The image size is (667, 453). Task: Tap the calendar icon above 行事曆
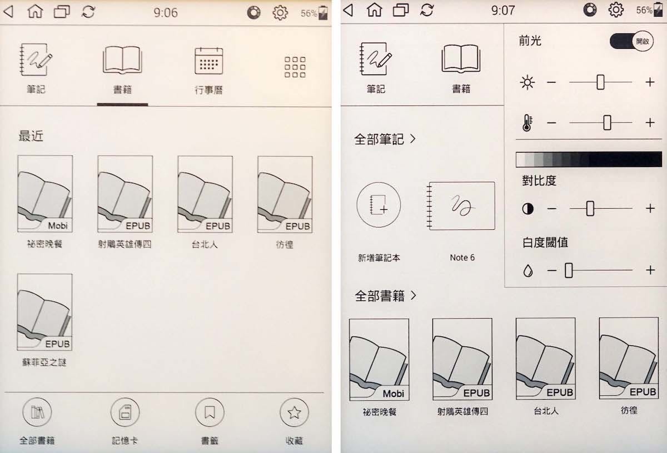pos(209,61)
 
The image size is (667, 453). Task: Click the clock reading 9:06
pos(166,13)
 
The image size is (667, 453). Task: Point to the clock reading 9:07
pos(503,11)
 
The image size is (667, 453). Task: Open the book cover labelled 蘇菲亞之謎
pos(44,312)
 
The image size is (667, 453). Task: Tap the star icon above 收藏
pos(294,412)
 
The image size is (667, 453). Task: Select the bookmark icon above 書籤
pos(210,412)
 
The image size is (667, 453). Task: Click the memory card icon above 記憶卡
pos(125,412)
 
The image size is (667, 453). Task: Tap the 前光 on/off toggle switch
pos(631,41)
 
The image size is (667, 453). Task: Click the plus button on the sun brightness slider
pos(650,82)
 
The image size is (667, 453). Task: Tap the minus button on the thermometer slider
pos(551,123)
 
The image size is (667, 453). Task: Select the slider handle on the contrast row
pos(590,208)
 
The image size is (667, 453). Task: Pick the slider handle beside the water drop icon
pos(569,270)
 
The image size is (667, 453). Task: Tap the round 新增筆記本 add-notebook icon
pos(379,205)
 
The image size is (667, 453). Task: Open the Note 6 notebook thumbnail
pos(461,206)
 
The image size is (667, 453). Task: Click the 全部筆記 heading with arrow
pos(385,139)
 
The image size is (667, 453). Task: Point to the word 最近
pos(31,136)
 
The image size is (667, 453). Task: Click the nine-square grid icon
pos(295,67)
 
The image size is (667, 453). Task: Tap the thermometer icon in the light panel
pos(527,123)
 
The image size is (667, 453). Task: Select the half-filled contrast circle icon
pos(527,209)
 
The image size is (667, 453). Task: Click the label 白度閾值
pos(545,243)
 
